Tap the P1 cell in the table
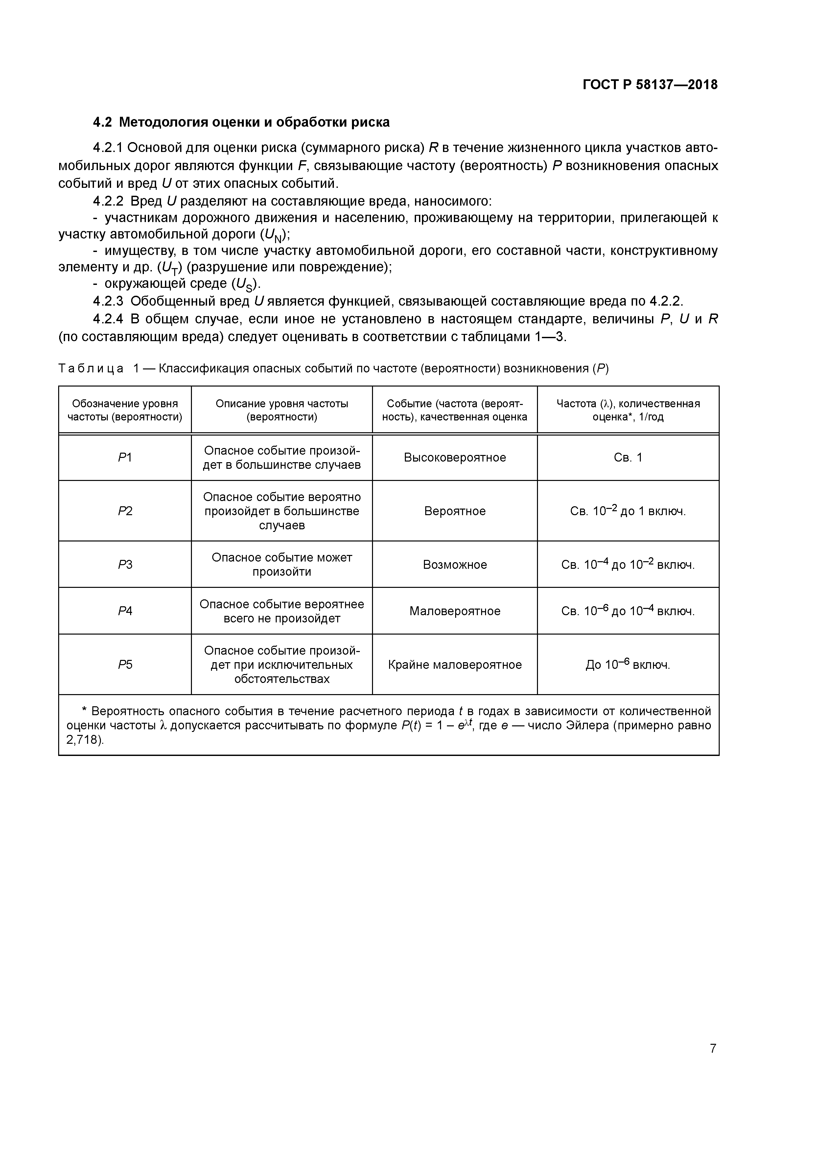tap(125, 457)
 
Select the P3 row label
tap(125, 564)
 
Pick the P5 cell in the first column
tap(125, 665)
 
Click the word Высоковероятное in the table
tap(454, 457)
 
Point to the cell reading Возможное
tap(454, 564)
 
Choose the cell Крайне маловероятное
tap(454, 665)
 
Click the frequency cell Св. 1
tap(628, 457)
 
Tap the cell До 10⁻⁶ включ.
tap(628, 665)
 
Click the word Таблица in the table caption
tap(91, 368)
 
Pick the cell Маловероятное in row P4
tap(454, 611)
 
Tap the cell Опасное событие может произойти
tap(282, 564)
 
